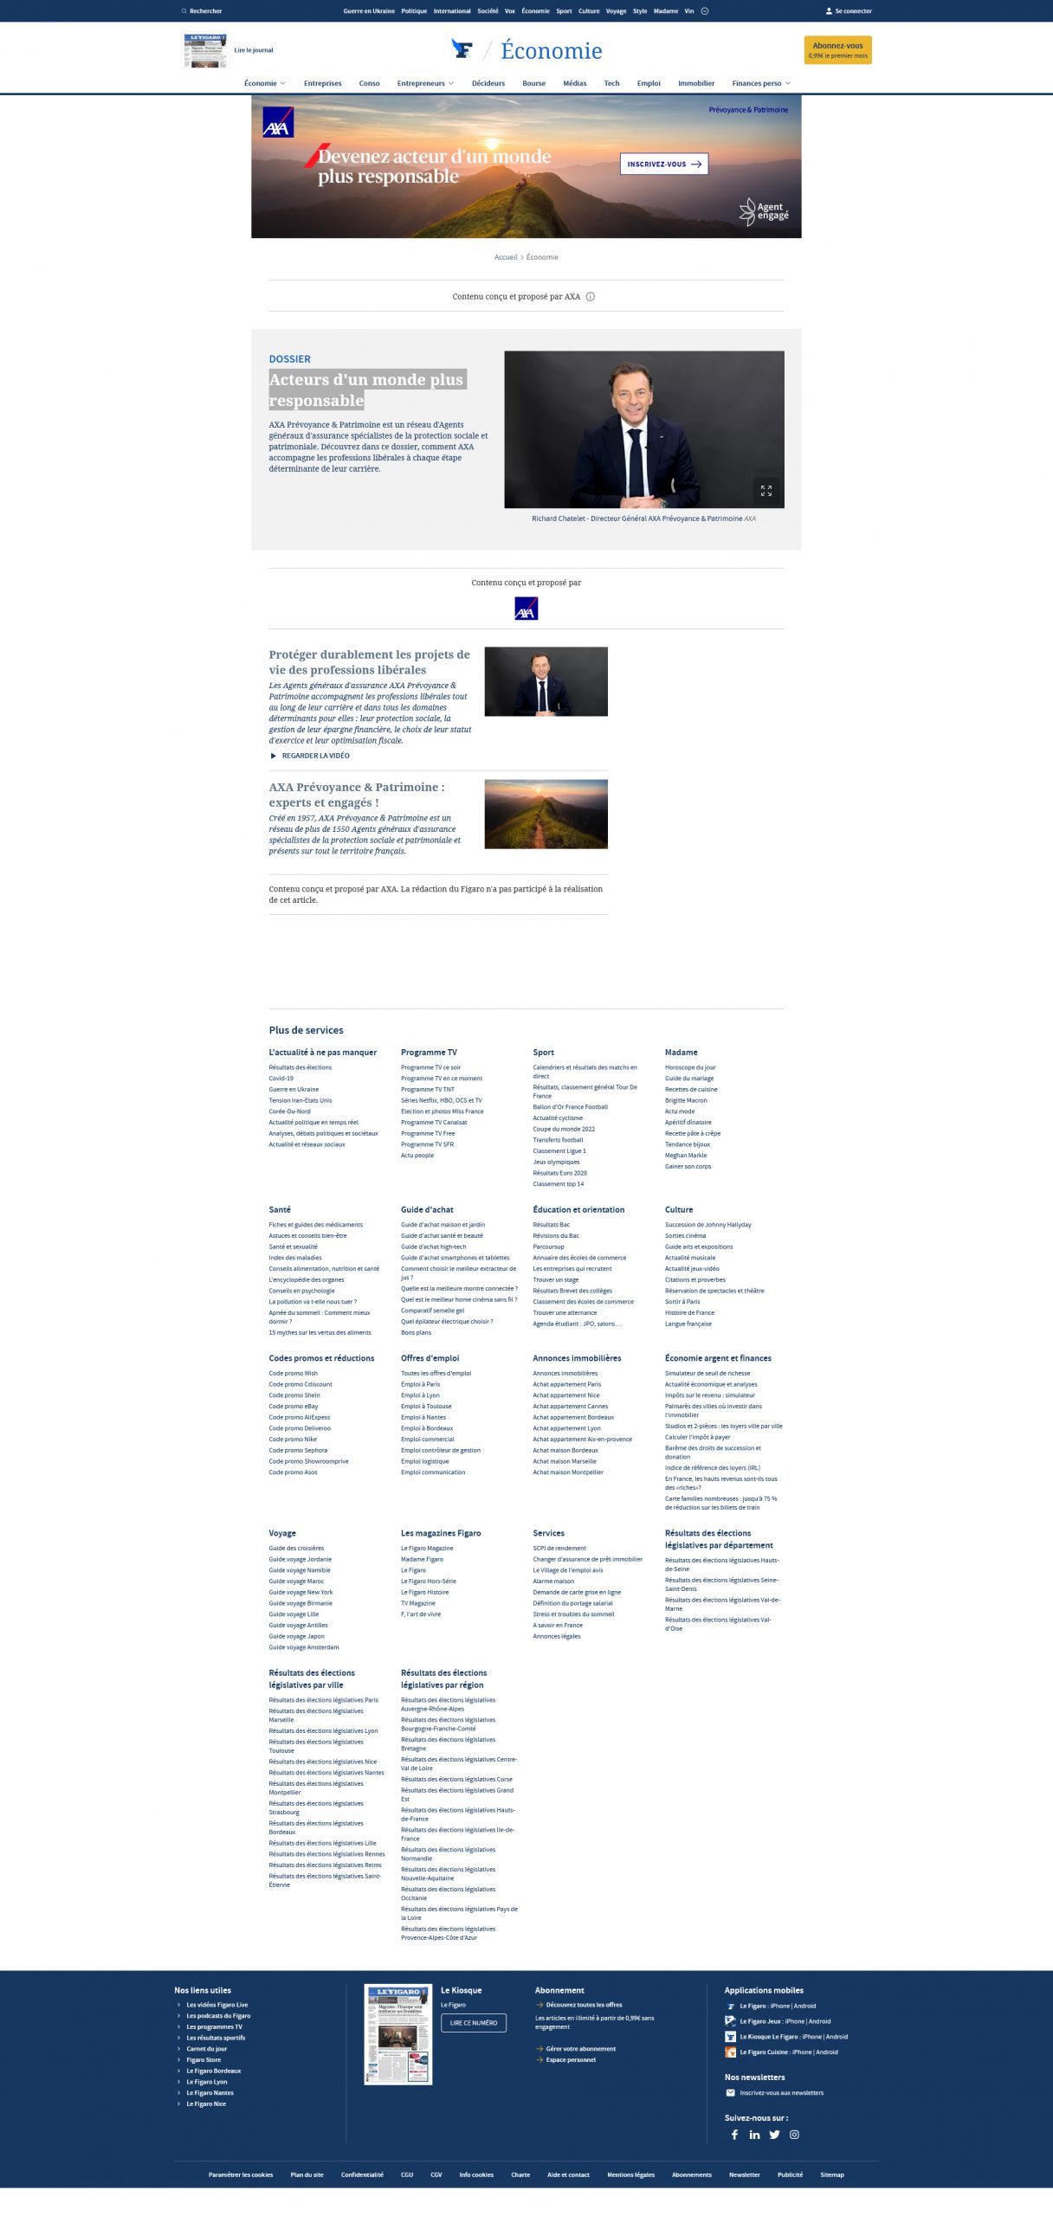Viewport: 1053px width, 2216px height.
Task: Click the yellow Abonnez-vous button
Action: tap(837, 49)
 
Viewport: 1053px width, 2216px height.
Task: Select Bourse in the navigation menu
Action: tap(533, 83)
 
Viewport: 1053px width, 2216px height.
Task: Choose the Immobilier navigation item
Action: tap(695, 83)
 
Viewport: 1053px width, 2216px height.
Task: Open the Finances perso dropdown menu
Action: tap(760, 83)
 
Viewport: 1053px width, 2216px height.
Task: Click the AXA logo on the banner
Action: tap(278, 122)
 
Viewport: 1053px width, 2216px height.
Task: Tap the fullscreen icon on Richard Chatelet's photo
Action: tap(766, 490)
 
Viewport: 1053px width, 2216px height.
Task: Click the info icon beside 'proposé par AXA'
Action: tap(591, 297)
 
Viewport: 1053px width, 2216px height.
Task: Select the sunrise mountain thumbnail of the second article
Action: tap(546, 814)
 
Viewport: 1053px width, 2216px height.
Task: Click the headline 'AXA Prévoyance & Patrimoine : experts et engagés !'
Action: tap(356, 795)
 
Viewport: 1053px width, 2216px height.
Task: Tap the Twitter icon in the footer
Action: tap(774, 2134)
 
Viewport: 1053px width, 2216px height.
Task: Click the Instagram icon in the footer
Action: tap(794, 2134)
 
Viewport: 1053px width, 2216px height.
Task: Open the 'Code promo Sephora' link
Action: tap(298, 1450)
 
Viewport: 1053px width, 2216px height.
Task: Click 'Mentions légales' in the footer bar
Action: tap(630, 2174)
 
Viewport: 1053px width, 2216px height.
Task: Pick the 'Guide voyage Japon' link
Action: tap(296, 1636)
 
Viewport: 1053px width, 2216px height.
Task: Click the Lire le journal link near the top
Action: tap(253, 50)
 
